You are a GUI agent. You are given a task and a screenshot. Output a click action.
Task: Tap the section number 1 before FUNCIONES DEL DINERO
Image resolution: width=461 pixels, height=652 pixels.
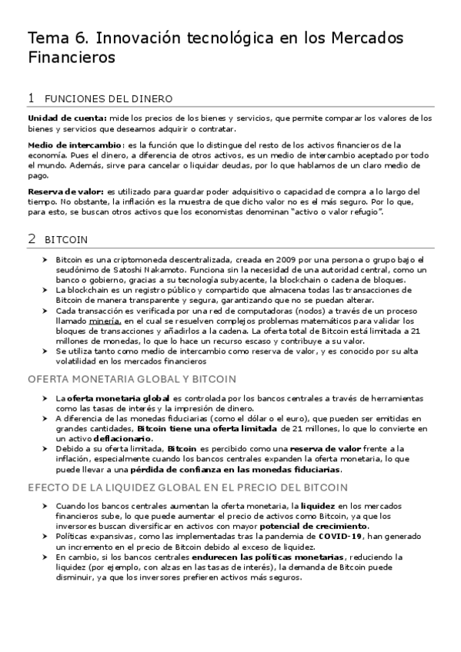31,98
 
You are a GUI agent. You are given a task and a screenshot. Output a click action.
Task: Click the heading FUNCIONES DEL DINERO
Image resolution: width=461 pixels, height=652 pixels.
109,99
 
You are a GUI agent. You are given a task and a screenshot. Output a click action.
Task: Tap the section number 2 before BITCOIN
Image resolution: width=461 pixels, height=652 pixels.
31,239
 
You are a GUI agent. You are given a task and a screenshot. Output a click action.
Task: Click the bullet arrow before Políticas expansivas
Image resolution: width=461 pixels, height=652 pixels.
45,535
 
